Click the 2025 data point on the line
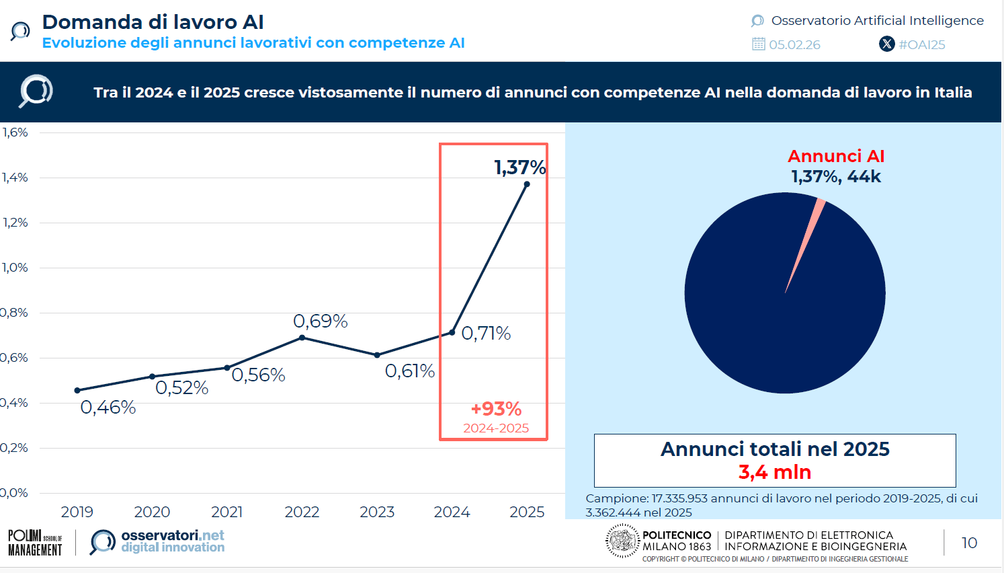coord(527,184)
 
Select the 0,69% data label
coord(321,321)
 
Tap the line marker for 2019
coord(77,390)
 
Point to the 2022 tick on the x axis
coord(302,512)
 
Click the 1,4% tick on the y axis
coord(15,178)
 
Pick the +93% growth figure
coord(496,409)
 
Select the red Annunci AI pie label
coord(836,156)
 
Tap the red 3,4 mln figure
coord(775,472)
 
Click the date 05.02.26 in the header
coord(794,45)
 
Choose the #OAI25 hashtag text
coord(922,45)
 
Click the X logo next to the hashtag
coord(887,44)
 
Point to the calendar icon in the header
coord(759,44)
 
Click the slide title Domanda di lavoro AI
coord(153,22)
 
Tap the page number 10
coord(969,543)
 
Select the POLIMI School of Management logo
coord(35,543)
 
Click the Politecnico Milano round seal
coord(622,541)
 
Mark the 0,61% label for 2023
coord(410,371)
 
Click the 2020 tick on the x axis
coord(152,512)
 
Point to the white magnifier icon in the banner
coord(36,91)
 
